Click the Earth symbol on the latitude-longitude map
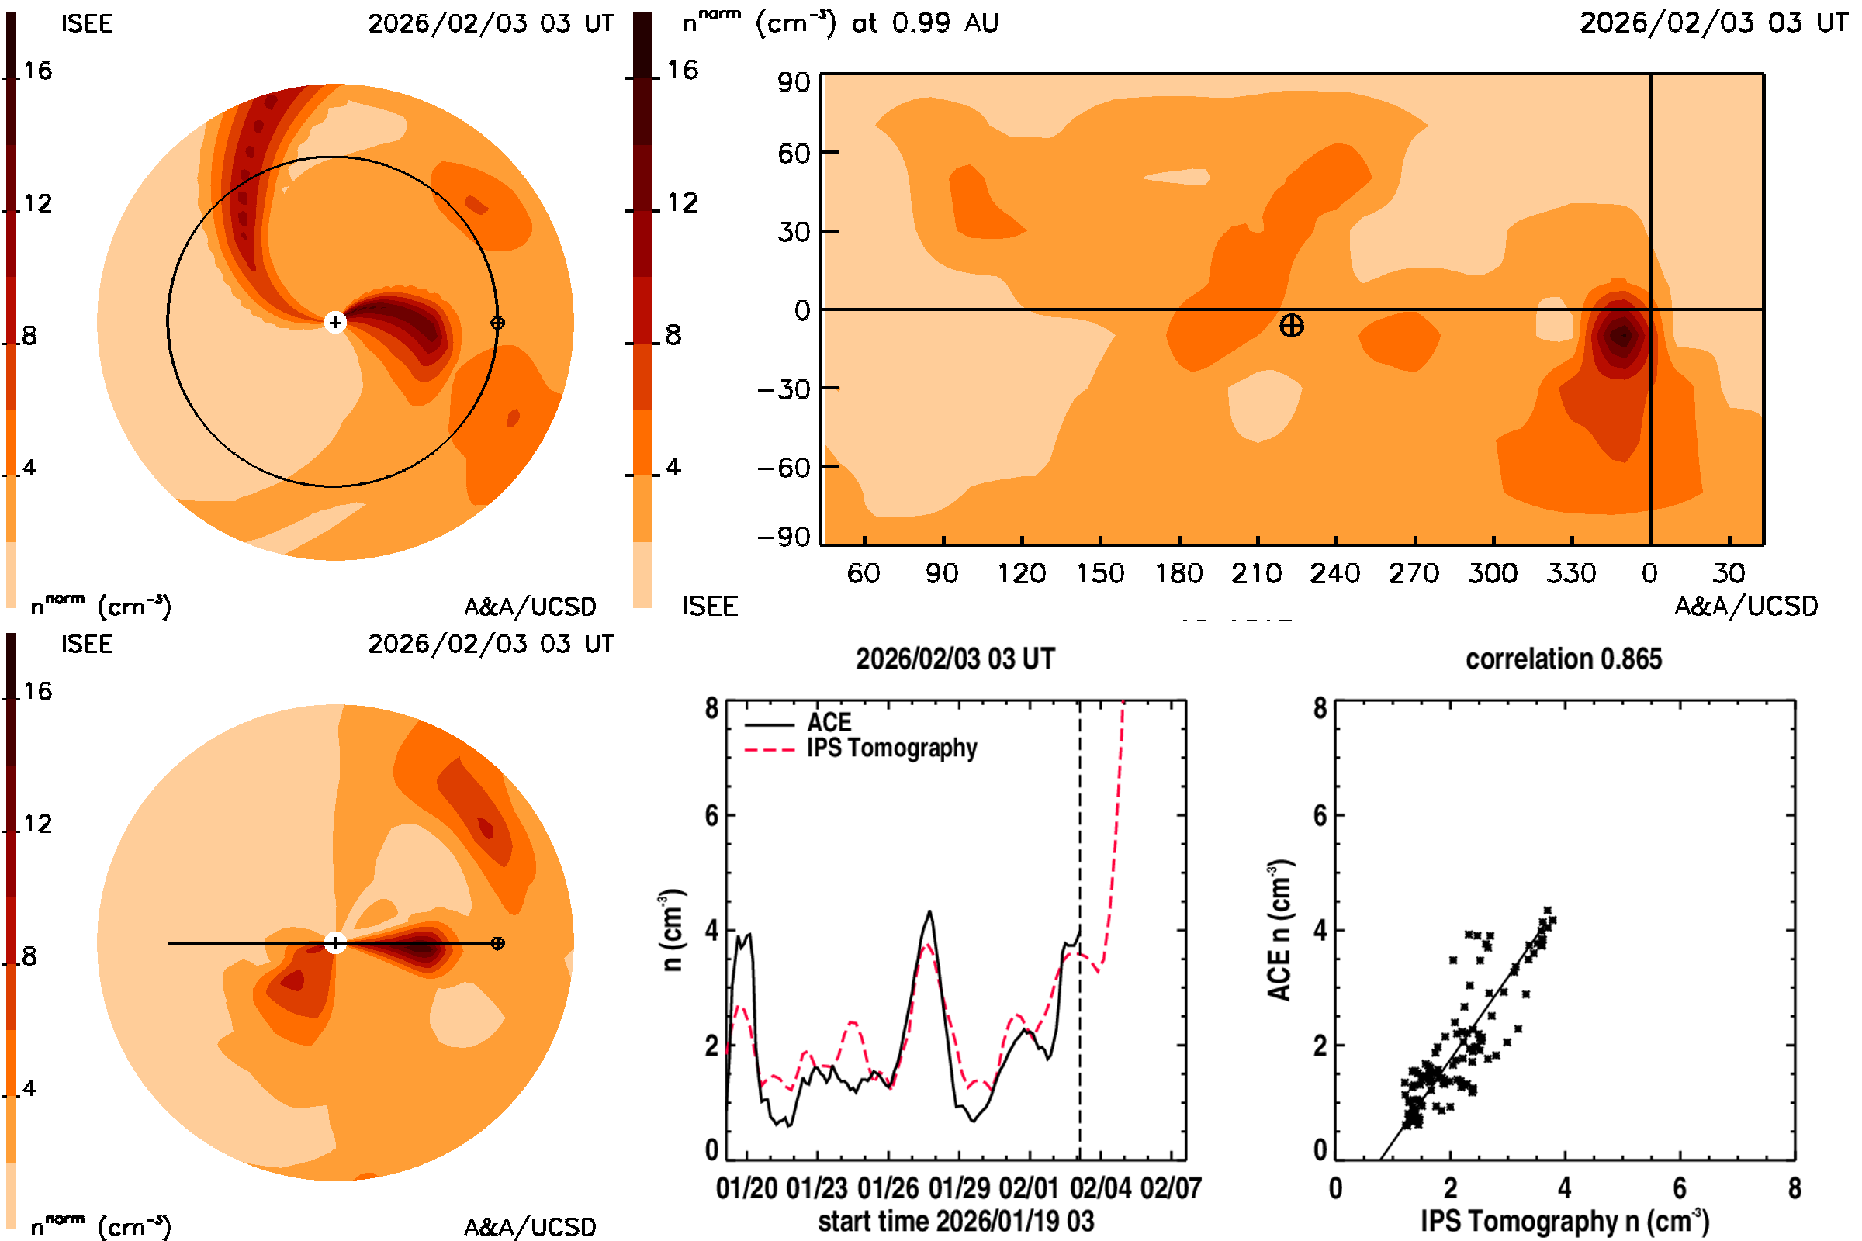pyautogui.click(x=1291, y=325)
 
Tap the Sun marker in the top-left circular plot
pyautogui.click(x=335, y=322)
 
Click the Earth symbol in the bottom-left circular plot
pyautogui.click(x=497, y=943)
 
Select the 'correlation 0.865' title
pyautogui.click(x=1563, y=659)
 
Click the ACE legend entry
pyautogui.click(x=828, y=723)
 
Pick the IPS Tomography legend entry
pyautogui.click(x=891, y=748)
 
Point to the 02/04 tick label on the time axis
pyautogui.click(x=1099, y=1188)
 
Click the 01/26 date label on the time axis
pyautogui.click(x=888, y=1188)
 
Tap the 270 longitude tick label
pyautogui.click(x=1414, y=573)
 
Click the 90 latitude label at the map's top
pyautogui.click(x=793, y=82)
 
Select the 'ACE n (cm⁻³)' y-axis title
pyautogui.click(x=1279, y=930)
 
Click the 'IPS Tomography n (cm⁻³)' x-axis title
pyautogui.click(x=1564, y=1221)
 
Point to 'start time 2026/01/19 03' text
pyautogui.click(x=956, y=1221)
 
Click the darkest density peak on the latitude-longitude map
pyautogui.click(x=1623, y=335)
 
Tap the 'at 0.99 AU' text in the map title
pyautogui.click(x=925, y=23)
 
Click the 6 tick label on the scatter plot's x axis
pyautogui.click(x=1679, y=1188)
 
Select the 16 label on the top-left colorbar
pyautogui.click(x=37, y=71)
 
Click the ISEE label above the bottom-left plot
pyautogui.click(x=87, y=645)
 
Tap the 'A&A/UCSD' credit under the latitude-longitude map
pyautogui.click(x=1746, y=607)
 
